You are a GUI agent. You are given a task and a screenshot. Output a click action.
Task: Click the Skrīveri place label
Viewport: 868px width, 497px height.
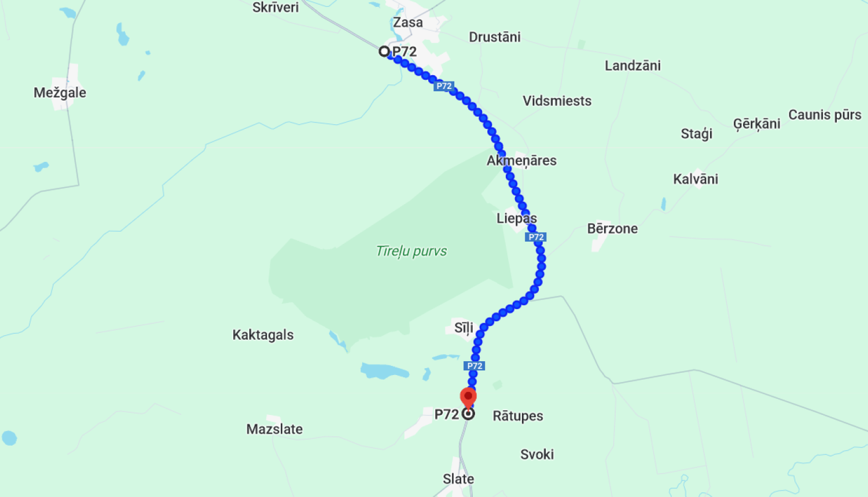pos(275,8)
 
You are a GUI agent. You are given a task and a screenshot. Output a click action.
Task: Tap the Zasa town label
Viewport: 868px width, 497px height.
pos(408,23)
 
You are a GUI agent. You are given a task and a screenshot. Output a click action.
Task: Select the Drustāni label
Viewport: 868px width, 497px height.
pos(494,37)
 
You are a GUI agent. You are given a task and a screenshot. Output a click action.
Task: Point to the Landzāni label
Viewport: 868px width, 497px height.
pos(632,65)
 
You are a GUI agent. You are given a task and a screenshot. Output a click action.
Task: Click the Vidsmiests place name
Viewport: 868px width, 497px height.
pos(557,101)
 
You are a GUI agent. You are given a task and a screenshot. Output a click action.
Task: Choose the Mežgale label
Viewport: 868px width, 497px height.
pos(60,92)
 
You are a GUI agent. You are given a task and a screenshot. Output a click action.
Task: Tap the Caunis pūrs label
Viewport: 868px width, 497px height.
pos(825,115)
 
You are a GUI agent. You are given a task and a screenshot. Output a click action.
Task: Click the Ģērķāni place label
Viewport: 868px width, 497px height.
pos(756,124)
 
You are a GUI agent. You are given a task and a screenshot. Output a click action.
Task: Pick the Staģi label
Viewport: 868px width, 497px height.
pos(696,134)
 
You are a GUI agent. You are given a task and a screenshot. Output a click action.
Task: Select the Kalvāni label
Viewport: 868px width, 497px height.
pos(696,179)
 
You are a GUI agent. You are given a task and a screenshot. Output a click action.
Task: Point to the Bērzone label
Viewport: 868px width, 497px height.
pos(612,229)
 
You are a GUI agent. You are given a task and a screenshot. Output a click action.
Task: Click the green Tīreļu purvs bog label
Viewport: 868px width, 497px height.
pos(411,251)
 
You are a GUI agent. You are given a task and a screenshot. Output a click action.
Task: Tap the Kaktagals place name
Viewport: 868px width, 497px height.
pos(263,335)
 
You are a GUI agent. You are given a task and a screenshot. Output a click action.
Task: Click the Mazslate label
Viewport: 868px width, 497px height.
pos(274,429)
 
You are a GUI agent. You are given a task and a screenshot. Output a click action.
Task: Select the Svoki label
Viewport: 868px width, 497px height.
pos(537,455)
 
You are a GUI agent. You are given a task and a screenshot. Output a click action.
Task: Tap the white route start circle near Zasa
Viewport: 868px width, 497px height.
pos(384,51)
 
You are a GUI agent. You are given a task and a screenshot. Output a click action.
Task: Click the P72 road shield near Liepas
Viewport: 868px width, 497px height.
pos(536,237)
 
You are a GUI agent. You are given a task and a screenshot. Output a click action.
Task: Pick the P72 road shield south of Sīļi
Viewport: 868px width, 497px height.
pos(475,366)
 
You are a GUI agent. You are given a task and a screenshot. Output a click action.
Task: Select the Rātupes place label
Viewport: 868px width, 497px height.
pos(518,416)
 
